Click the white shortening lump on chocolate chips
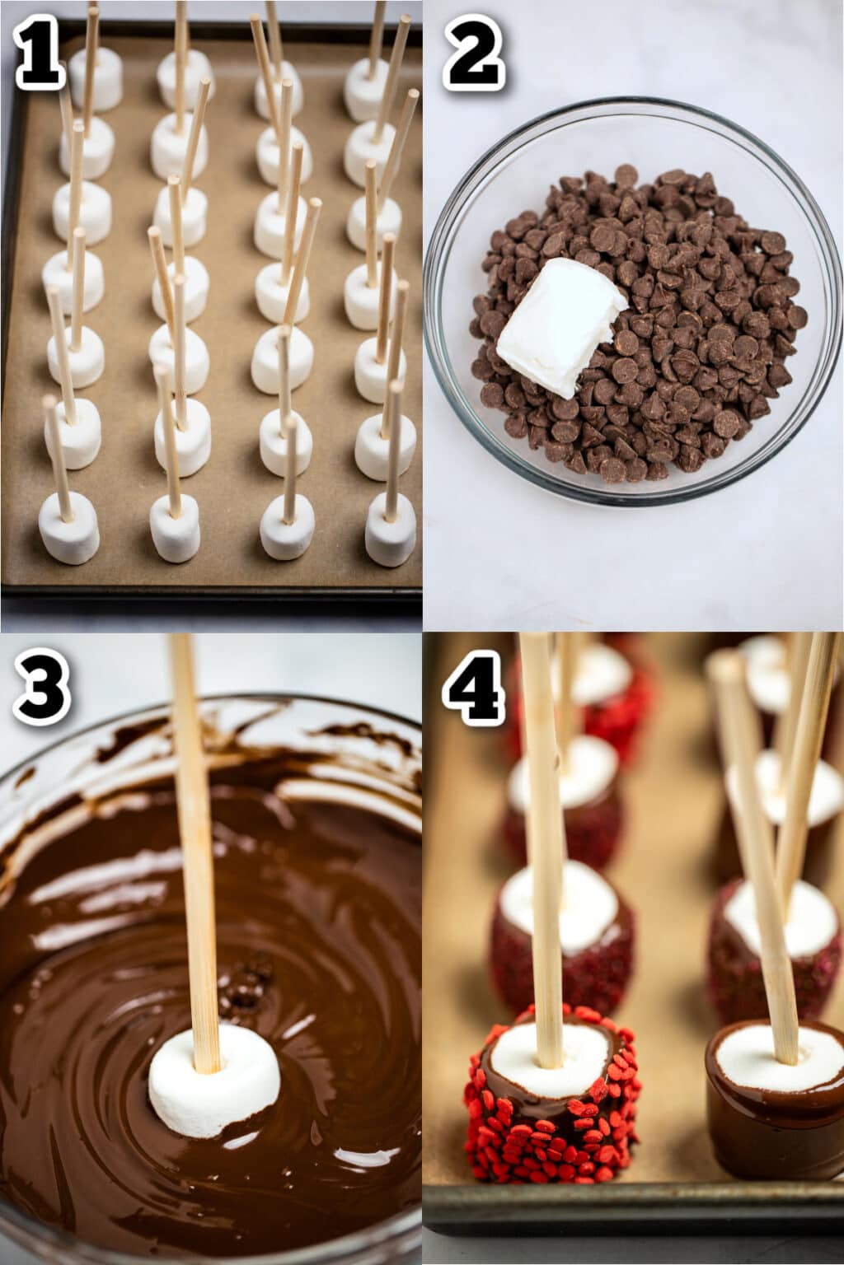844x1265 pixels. pos(559,318)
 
